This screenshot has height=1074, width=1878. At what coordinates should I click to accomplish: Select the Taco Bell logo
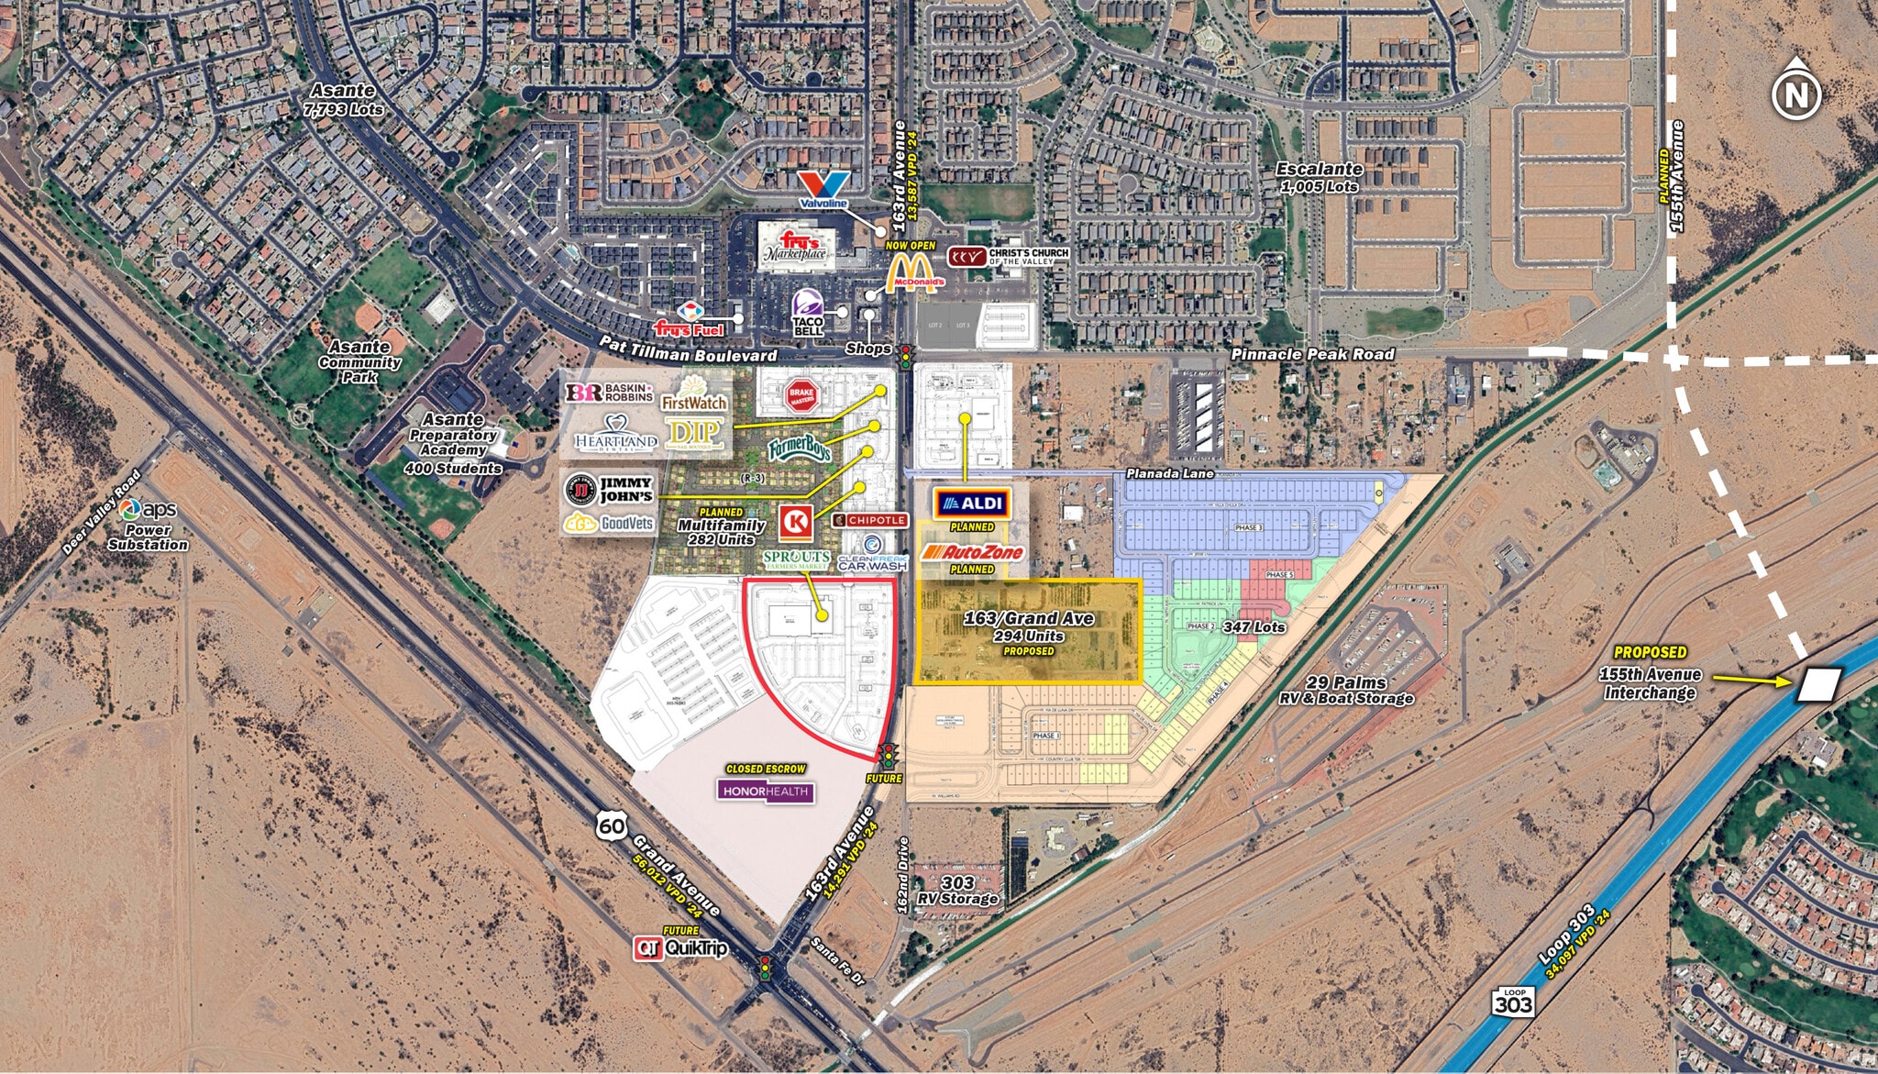coord(809,312)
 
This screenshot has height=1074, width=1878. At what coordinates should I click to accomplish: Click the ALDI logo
coord(971,504)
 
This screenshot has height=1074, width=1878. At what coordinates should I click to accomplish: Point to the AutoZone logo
coord(971,551)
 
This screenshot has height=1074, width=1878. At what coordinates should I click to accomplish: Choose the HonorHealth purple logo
coord(766,791)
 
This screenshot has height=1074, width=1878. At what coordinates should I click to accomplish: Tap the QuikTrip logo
coord(681,947)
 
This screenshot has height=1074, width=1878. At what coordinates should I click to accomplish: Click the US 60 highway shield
coord(612,826)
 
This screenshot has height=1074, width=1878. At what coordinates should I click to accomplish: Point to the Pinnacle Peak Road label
coord(1312,354)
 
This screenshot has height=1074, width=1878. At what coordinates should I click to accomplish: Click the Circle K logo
coord(794,523)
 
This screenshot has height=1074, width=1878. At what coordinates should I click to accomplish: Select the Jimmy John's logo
coord(608,490)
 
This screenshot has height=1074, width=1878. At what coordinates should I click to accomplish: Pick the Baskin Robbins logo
coord(609,393)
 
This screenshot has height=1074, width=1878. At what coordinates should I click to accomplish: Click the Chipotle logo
coord(870,520)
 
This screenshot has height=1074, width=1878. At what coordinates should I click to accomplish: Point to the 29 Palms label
coord(1346,683)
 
